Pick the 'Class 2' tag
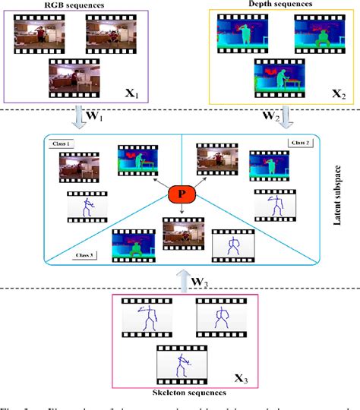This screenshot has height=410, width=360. coord(299,143)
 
